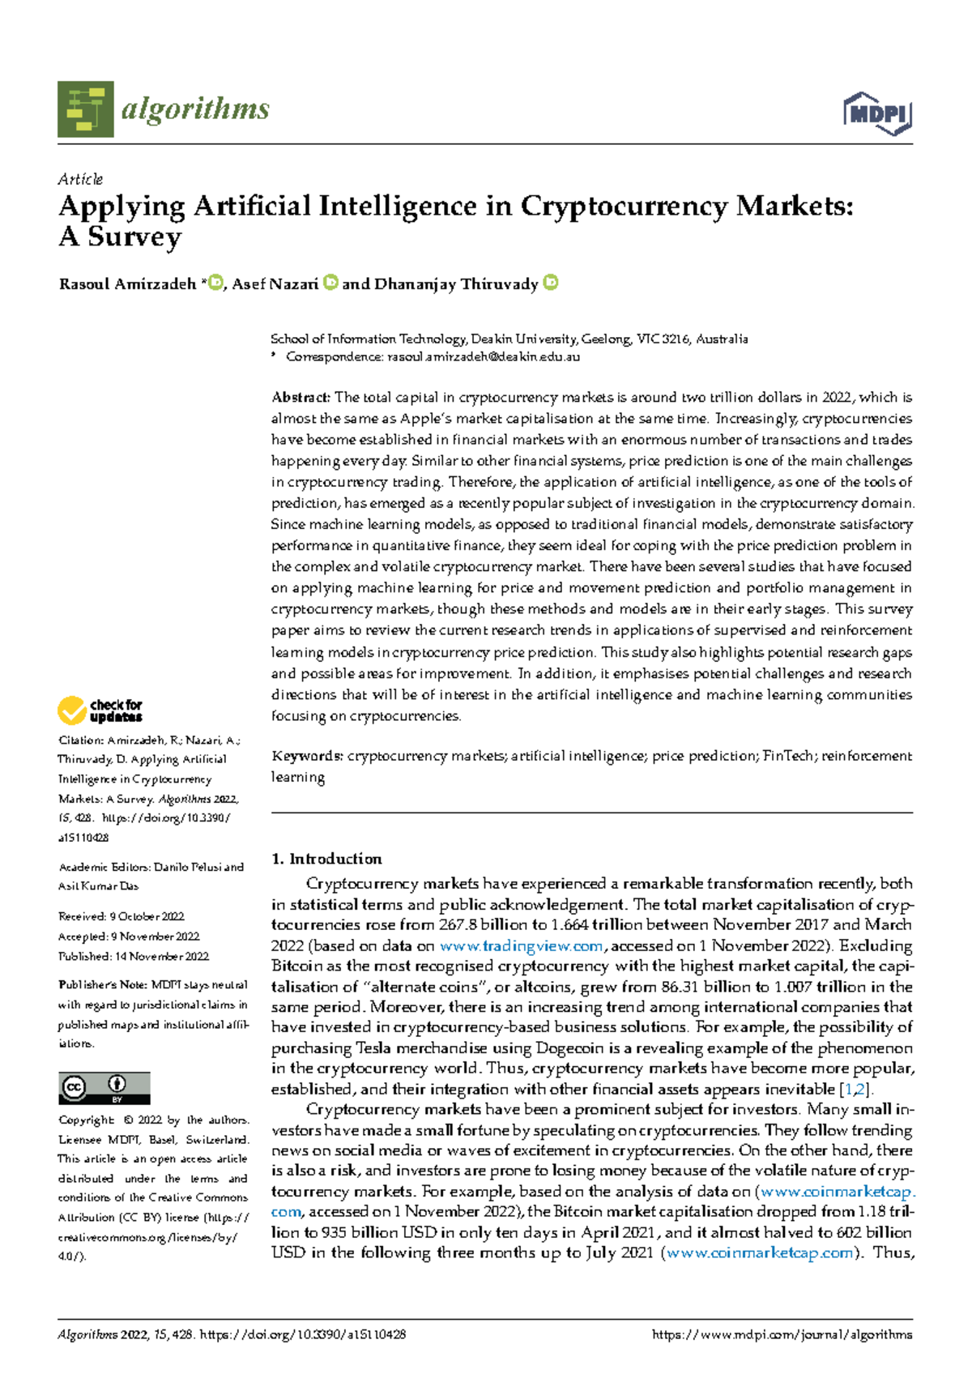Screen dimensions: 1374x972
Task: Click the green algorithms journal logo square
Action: coord(85,109)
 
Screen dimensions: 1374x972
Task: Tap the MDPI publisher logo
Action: coord(877,113)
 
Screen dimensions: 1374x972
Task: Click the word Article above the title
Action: coord(80,179)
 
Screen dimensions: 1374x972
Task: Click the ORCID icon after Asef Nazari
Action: coord(330,283)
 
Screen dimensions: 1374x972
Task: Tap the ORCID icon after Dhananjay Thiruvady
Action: coord(550,283)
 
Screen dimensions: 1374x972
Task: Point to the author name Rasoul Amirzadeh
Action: coord(127,284)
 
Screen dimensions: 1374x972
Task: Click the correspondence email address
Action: coord(484,356)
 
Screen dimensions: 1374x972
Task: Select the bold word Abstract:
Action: coord(301,398)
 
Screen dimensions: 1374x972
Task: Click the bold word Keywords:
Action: coord(307,756)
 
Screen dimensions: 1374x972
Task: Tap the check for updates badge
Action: coord(100,710)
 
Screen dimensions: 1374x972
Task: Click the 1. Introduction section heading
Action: coord(326,859)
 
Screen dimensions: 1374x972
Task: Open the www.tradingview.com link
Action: coord(521,946)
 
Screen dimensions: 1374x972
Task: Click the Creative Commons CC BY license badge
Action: coord(104,1088)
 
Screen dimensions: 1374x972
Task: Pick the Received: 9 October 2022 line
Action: coord(122,916)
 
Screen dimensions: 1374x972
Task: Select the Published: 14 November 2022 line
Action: coord(134,956)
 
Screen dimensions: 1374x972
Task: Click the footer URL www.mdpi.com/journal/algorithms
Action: coord(782,1334)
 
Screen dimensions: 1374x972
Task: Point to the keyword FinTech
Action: coord(788,756)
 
